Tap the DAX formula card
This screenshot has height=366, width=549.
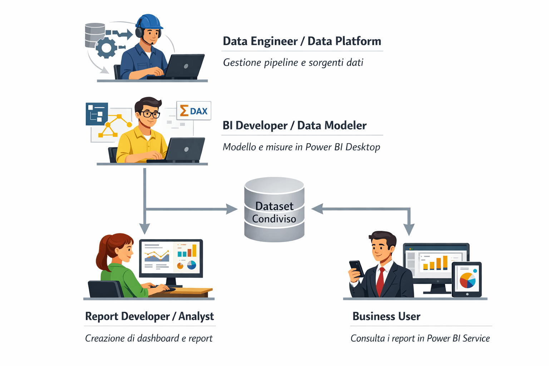(x=194, y=111)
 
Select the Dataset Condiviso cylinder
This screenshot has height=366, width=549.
(x=274, y=210)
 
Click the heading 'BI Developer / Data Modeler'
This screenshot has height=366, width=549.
(x=295, y=125)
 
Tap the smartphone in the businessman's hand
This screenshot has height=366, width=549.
(x=356, y=267)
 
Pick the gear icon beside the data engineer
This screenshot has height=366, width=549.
(x=107, y=48)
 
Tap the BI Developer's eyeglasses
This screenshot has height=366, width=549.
(x=150, y=114)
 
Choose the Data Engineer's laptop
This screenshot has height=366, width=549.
(x=184, y=66)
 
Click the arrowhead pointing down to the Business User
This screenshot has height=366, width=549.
(x=409, y=229)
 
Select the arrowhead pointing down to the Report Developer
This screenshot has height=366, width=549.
(x=144, y=228)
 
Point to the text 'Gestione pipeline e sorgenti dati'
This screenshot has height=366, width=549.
(x=293, y=63)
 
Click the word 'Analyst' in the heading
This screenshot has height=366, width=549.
(x=196, y=316)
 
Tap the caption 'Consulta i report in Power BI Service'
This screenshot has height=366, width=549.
(x=420, y=338)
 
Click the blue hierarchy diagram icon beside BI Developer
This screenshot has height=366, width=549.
(x=97, y=114)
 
